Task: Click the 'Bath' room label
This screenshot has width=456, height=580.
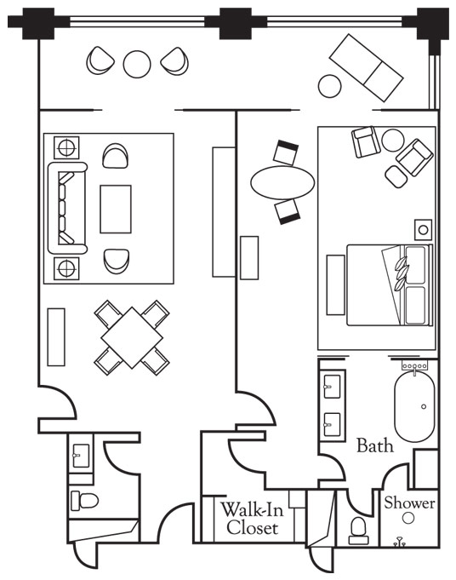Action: pyautogui.click(x=374, y=445)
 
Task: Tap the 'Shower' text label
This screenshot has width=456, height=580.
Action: pyautogui.click(x=409, y=502)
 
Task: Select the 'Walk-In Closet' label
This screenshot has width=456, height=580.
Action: pyautogui.click(x=253, y=518)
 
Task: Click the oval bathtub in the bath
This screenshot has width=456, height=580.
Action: pyautogui.click(x=414, y=406)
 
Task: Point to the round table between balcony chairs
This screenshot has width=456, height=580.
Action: pyautogui.click(x=137, y=64)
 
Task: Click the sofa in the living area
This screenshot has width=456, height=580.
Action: pyautogui.click(x=67, y=209)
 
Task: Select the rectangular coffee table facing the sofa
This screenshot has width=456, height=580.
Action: pyautogui.click(x=116, y=209)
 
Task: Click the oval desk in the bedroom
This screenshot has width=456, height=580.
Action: pyautogui.click(x=282, y=182)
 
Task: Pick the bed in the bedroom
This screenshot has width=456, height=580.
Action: pyautogui.click(x=390, y=284)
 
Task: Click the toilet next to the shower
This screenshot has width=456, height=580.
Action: pyautogui.click(x=358, y=531)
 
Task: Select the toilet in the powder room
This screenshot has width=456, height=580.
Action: pyautogui.click(x=84, y=501)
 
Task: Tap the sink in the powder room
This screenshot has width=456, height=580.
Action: pyautogui.click(x=81, y=456)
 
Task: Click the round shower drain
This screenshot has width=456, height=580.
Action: pyautogui.click(x=408, y=518)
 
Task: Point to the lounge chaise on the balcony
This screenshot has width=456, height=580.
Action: pyautogui.click(x=366, y=67)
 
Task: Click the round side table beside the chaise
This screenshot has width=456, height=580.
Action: pyautogui.click(x=329, y=86)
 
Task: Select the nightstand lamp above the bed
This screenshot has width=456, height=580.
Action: pyautogui.click(x=424, y=230)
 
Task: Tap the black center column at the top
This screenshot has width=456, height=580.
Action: pyautogui.click(x=235, y=23)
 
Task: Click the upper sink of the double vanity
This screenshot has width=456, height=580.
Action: pyautogui.click(x=332, y=387)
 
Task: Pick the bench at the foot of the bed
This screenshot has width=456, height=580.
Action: pyautogui.click(x=335, y=284)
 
